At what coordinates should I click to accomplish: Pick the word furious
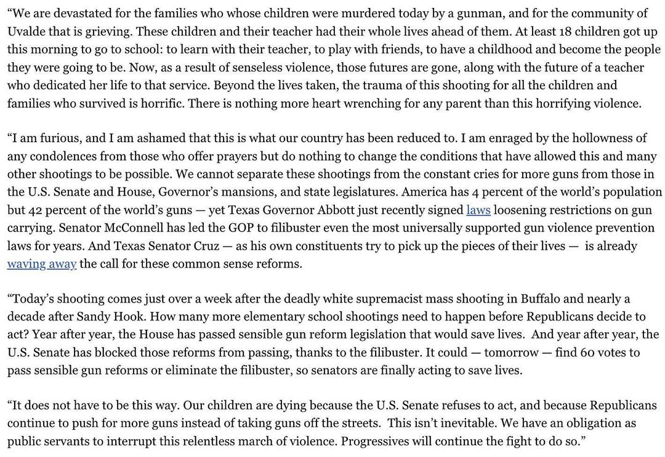[51, 139]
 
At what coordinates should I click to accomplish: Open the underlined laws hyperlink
[478, 210]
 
